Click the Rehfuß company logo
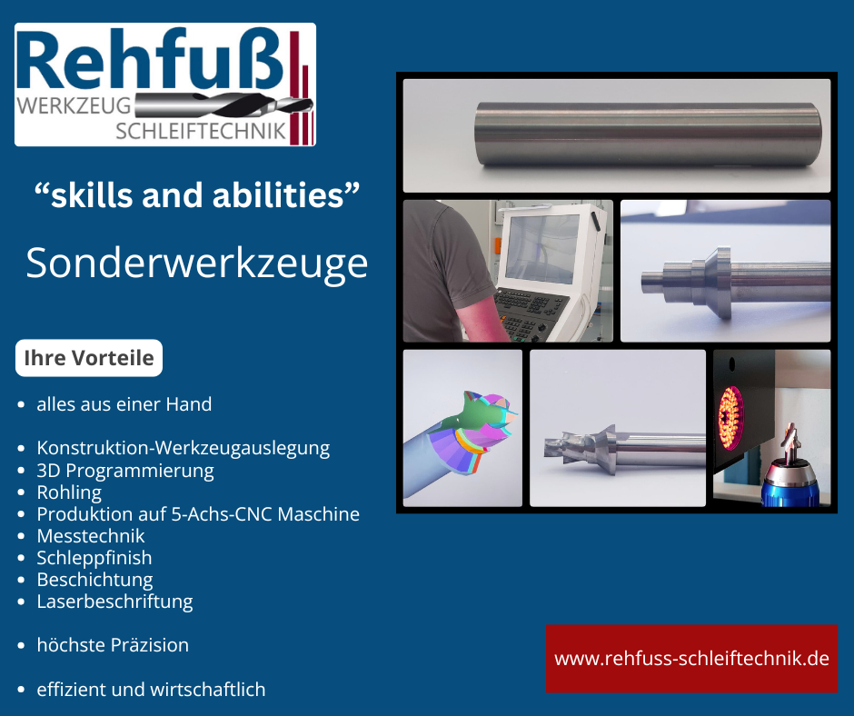(x=165, y=85)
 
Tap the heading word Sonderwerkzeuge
(x=196, y=263)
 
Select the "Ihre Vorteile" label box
(x=89, y=358)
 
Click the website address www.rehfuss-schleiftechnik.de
(x=691, y=659)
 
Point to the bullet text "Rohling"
(x=69, y=492)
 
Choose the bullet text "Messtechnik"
(x=91, y=536)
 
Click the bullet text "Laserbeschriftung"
(x=114, y=602)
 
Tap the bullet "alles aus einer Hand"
(x=124, y=404)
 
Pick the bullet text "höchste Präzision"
(x=113, y=645)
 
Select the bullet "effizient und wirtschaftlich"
(x=151, y=690)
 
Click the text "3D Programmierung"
(x=125, y=471)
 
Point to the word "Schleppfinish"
(x=94, y=558)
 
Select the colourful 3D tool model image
(x=462, y=428)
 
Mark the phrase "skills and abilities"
(x=196, y=194)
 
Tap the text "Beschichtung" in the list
(x=94, y=580)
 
